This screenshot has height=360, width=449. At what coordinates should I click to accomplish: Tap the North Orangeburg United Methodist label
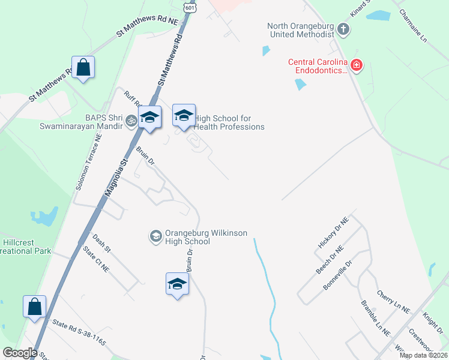pos(301,30)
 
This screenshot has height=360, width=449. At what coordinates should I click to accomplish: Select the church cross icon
pos(343,28)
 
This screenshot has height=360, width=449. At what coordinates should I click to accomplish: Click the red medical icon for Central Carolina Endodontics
pos(357,64)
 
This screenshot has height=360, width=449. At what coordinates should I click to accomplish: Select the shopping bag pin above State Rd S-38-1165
pos(34,306)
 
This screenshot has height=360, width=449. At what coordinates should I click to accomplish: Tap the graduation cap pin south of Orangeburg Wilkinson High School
pos(177,284)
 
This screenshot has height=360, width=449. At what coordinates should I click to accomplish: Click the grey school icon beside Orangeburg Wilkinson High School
pos(155,236)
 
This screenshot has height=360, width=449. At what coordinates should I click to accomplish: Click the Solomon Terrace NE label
pos(89,162)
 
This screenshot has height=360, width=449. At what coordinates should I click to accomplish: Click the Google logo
pos(20,353)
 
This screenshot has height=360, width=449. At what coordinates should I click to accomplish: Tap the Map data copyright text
pos(423,355)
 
